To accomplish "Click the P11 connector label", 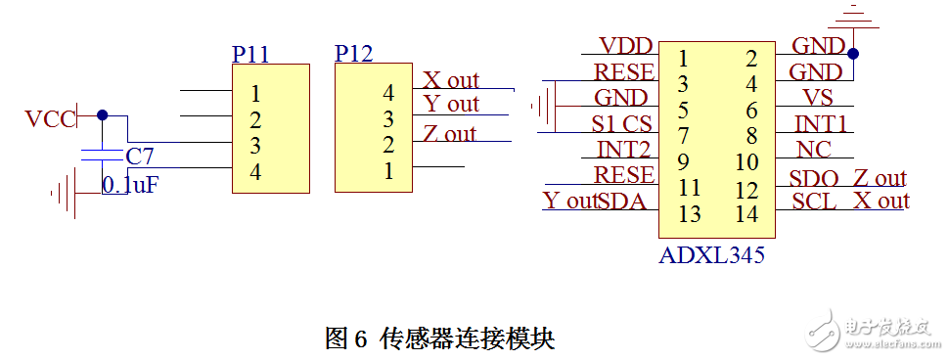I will (x=250, y=54).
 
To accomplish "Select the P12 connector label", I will (x=353, y=53).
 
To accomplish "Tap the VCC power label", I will (x=50, y=119).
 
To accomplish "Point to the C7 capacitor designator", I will (x=140, y=156).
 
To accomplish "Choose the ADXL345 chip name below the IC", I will (x=711, y=256).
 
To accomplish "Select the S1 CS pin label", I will (x=621, y=124).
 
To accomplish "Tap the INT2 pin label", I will (x=624, y=150).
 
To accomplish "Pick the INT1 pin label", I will (x=820, y=124).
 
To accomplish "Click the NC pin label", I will (x=814, y=150).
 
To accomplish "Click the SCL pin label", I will (x=814, y=202).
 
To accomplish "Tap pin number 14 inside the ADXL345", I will (x=746, y=213).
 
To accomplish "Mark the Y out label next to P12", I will (x=451, y=104).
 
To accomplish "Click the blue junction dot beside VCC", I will (x=103, y=114).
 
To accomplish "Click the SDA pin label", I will (x=626, y=202).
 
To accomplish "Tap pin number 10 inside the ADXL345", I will (x=746, y=161).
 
